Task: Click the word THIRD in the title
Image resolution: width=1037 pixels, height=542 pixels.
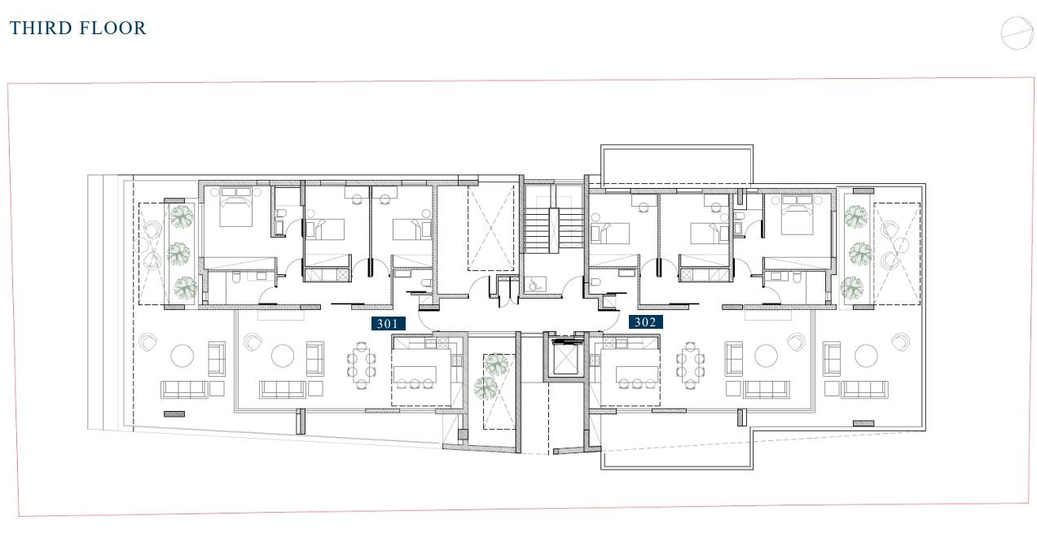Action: coord(40,28)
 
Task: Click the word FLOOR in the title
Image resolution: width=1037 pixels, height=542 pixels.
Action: coord(112,28)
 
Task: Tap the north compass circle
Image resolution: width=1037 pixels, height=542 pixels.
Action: coord(1017,33)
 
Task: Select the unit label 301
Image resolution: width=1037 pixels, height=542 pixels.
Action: coord(388,323)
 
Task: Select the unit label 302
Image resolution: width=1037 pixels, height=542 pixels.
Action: coord(645,322)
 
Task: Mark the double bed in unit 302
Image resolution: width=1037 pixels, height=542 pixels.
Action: coord(798,214)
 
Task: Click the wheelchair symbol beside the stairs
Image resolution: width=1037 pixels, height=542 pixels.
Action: coord(535,284)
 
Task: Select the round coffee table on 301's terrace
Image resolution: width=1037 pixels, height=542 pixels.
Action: coord(182,356)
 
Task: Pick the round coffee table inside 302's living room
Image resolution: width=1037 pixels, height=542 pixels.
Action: coord(766,356)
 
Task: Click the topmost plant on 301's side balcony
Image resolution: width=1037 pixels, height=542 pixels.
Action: coord(182,216)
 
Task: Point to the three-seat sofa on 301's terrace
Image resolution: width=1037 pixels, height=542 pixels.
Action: coord(184,389)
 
